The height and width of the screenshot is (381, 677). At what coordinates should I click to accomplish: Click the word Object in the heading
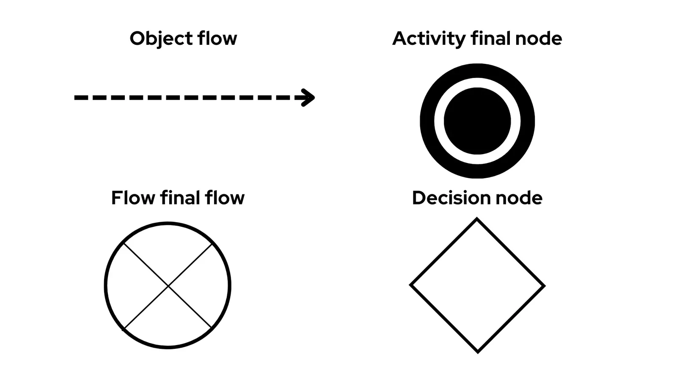[x=155, y=39]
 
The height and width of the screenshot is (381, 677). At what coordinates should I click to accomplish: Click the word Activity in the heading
[x=428, y=39]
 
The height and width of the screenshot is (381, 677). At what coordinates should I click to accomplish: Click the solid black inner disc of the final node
[x=477, y=121]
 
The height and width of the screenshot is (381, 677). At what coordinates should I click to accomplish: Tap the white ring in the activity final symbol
[x=477, y=83]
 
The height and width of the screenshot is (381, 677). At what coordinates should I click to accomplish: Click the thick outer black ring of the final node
[x=477, y=71]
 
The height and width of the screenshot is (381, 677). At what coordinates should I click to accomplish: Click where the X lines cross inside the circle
[x=168, y=286]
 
